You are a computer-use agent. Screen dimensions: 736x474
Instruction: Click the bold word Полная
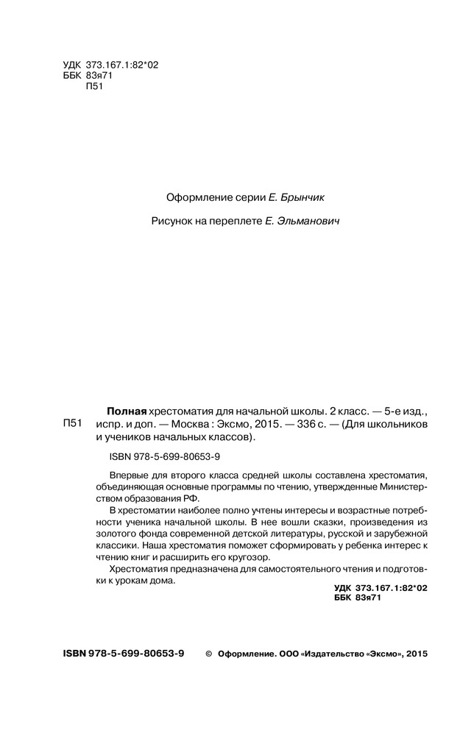(x=127, y=411)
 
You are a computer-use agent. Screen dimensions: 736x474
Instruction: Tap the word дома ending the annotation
(x=166, y=581)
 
